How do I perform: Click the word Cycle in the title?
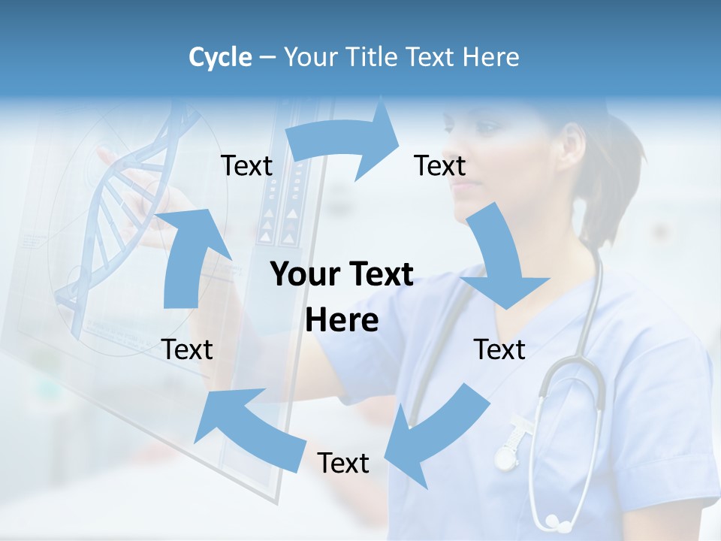(220, 57)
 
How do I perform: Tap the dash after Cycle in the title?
(267, 57)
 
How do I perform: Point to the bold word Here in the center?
(342, 321)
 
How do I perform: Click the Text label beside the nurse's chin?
(440, 165)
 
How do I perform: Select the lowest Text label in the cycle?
(343, 463)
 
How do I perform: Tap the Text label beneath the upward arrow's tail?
(187, 349)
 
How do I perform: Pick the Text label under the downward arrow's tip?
(499, 349)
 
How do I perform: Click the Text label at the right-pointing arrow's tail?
(247, 165)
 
